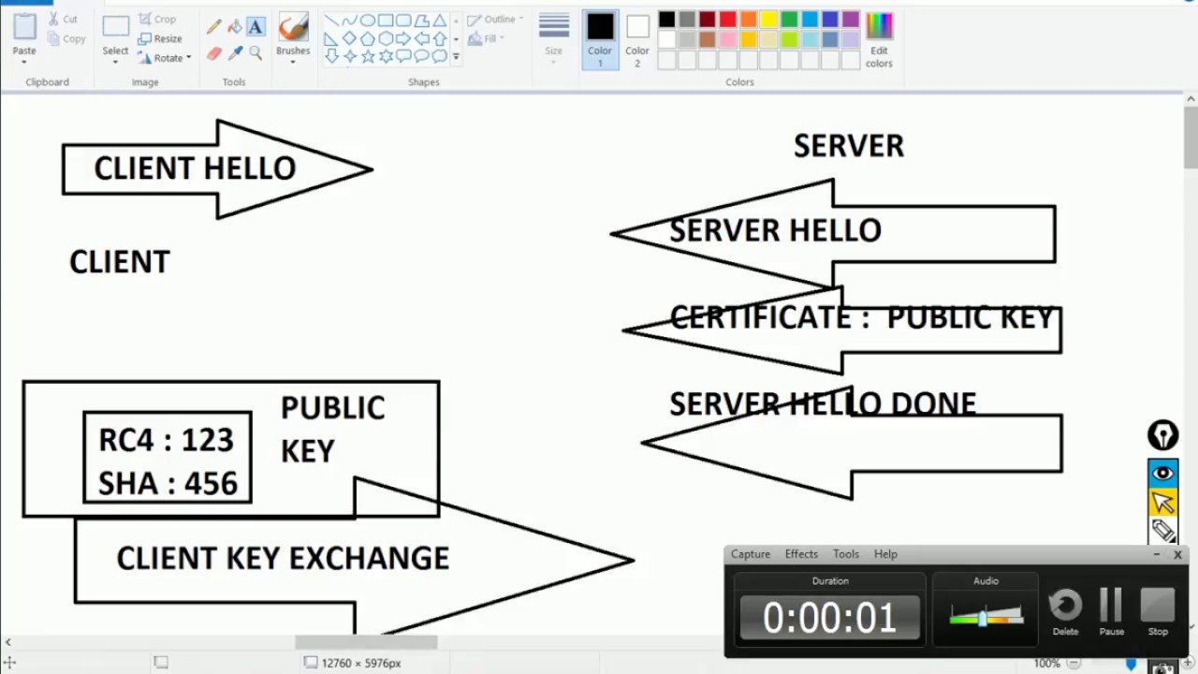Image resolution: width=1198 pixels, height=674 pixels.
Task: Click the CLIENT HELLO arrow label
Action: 195,168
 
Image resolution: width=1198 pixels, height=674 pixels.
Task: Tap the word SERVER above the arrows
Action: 848,146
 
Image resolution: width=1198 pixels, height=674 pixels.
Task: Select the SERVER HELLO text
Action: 775,230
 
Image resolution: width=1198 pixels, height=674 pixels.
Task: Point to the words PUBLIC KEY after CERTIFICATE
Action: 970,318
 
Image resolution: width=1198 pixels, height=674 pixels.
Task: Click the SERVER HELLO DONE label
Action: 822,404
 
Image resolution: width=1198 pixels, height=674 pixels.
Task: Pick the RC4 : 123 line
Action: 166,440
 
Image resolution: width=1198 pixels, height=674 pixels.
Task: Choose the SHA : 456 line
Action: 168,483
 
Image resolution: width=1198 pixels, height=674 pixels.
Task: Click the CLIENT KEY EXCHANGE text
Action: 283,559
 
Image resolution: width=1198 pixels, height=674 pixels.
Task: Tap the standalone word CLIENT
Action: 120,262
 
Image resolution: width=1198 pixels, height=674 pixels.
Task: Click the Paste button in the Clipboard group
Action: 24,36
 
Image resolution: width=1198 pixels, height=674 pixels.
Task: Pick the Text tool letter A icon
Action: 256,26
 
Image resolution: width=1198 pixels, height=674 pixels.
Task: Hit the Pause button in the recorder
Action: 1111,610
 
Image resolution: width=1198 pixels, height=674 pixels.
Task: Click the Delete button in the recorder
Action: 1065,610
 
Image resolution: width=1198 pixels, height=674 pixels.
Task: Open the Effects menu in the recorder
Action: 801,554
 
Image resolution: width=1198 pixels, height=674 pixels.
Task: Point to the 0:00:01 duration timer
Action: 829,618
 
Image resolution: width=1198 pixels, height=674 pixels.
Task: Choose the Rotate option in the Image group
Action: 165,58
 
